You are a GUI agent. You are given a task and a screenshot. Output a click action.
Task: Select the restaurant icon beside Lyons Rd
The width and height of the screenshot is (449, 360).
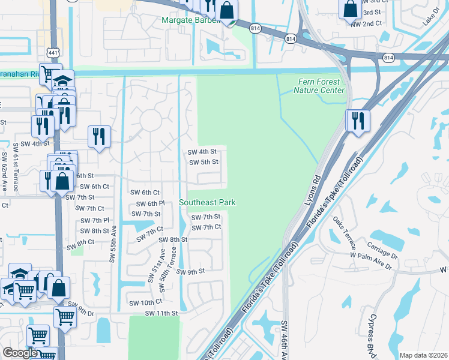tap(358, 121)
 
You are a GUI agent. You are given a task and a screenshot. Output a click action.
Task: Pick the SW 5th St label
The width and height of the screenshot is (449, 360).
tap(203, 162)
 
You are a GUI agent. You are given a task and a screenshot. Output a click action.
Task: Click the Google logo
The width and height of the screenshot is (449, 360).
tap(20, 353)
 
